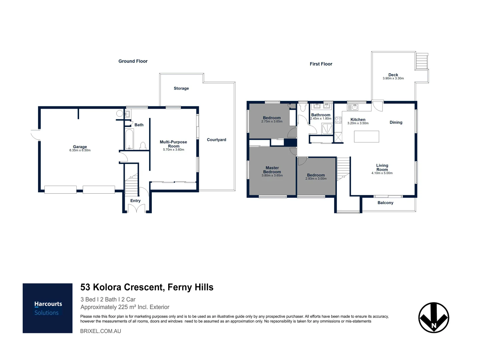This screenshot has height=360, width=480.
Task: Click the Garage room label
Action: (x=80, y=147)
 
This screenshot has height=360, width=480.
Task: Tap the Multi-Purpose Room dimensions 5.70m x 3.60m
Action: (x=173, y=150)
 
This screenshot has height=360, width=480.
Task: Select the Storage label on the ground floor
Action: (x=181, y=88)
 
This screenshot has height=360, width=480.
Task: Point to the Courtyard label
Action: (x=216, y=140)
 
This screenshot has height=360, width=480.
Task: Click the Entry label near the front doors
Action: (x=135, y=201)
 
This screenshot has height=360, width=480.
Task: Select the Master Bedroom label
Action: (x=272, y=170)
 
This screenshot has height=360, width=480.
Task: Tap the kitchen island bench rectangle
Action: (x=366, y=137)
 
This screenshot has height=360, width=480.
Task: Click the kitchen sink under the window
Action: (x=353, y=107)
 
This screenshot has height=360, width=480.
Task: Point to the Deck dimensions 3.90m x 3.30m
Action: (x=393, y=79)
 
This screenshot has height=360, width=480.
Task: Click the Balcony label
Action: (x=385, y=203)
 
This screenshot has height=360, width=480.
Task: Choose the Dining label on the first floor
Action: (x=396, y=122)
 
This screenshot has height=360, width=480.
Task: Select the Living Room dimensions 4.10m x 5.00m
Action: (x=382, y=173)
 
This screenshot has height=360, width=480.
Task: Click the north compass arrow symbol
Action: (x=434, y=318)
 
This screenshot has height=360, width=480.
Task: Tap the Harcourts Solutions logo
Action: (x=48, y=308)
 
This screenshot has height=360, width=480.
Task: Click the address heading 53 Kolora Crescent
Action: (x=147, y=287)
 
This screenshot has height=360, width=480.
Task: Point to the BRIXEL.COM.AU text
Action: (x=100, y=331)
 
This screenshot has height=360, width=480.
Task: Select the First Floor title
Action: (x=321, y=64)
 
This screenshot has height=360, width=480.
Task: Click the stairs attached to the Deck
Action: (x=421, y=62)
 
